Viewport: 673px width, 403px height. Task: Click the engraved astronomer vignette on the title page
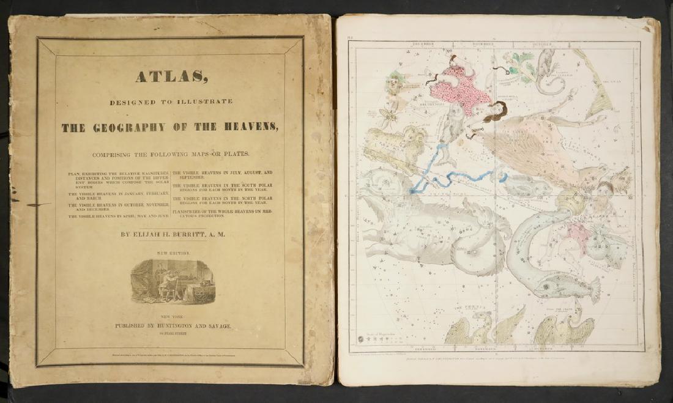coord(169,281)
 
